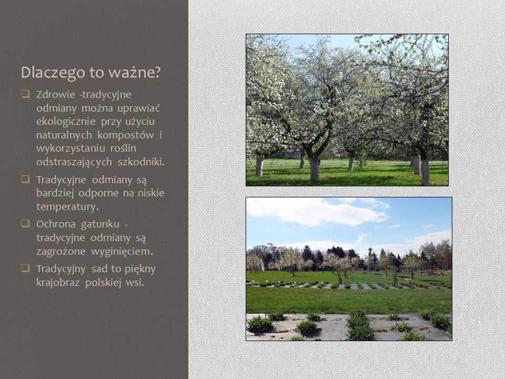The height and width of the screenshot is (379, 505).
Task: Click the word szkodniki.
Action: [x=141, y=162]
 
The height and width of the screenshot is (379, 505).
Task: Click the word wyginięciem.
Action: [x=122, y=252]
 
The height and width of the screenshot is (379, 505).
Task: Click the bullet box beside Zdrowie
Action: [x=25, y=94]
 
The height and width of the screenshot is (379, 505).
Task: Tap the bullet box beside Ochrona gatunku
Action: [x=25, y=223]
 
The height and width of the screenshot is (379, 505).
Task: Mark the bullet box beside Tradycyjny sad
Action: [x=25, y=268]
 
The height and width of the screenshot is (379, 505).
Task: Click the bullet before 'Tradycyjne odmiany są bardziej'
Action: [x=25, y=179]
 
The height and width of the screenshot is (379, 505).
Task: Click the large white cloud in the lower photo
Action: [x=317, y=213]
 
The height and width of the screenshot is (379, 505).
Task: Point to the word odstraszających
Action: [x=74, y=162]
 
